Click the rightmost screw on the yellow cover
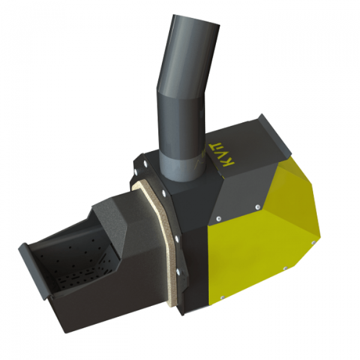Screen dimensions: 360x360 (313, 243)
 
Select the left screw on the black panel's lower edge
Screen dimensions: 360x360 (218, 218)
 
